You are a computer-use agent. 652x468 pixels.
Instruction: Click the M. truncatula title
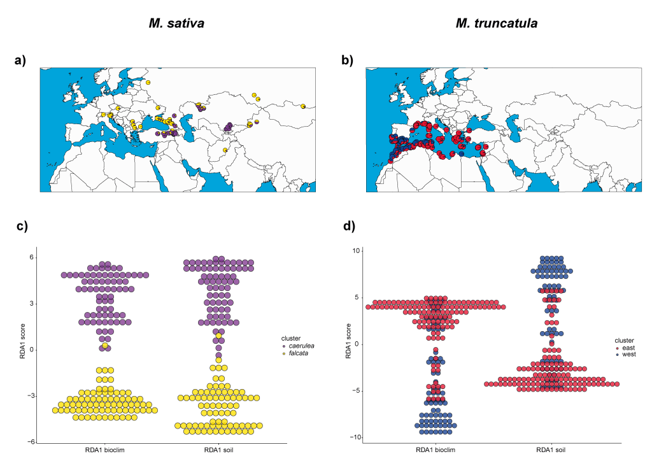(497, 24)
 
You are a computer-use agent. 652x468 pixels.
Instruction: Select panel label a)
(20, 60)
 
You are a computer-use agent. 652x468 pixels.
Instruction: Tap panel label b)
(347, 60)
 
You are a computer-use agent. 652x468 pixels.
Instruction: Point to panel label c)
(20, 225)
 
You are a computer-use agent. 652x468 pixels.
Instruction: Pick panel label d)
(347, 225)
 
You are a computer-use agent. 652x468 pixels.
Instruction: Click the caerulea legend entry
(302, 345)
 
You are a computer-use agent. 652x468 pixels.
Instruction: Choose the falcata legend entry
(299, 353)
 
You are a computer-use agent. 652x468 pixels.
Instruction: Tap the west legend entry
(629, 356)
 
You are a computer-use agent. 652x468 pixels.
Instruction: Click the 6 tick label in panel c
(31, 257)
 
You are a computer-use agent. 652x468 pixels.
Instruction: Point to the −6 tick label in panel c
(29, 442)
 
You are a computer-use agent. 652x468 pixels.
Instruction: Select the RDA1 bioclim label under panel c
(104, 451)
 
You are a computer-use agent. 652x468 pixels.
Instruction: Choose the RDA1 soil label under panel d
(553, 451)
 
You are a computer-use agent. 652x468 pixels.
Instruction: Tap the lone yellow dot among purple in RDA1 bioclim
(105, 345)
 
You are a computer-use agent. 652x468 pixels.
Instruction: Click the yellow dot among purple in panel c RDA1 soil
(218, 336)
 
